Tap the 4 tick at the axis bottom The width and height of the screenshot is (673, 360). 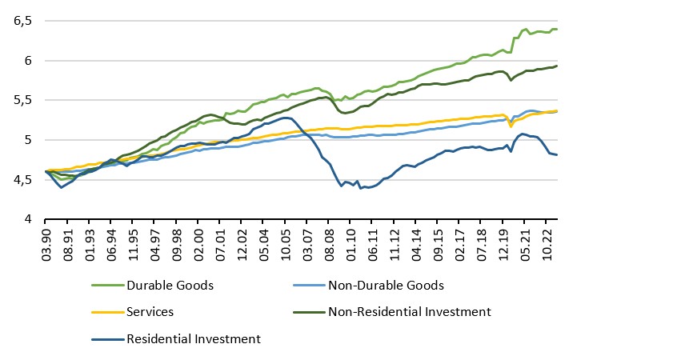point(28,219)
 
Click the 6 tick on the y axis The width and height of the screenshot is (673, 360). point(28,62)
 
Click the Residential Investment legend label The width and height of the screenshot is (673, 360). point(194,338)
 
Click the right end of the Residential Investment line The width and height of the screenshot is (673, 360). point(557,154)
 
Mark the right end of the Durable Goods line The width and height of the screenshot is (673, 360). point(557,30)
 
